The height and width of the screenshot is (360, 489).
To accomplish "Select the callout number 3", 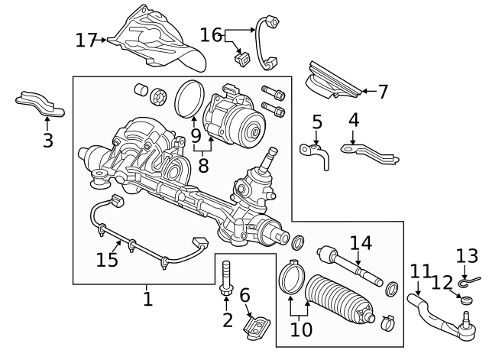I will pos(47,140).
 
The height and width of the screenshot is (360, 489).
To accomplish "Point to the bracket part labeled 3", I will pos(40,104).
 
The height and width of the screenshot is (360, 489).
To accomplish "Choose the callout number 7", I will pos(383,92).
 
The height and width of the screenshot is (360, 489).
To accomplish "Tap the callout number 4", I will pos(354,120).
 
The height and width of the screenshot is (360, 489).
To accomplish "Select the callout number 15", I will pos(108,260).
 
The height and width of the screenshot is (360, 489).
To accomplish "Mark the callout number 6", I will pos(244,295).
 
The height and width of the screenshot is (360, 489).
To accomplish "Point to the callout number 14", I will pos(360,243).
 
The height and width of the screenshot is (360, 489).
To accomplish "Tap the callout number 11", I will pos(420,271).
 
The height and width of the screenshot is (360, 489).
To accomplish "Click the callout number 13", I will pos(467,255).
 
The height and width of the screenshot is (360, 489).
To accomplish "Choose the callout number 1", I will pos(147,298).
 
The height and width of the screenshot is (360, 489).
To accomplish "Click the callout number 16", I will pos(211,34).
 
